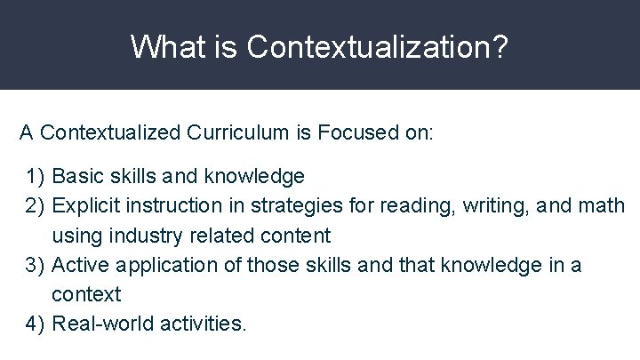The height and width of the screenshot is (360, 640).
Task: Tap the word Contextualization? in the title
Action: (379, 46)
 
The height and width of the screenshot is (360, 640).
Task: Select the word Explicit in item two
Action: (86, 206)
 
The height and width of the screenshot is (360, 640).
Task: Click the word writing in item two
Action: (490, 207)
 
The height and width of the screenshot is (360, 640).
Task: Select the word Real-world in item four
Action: (103, 324)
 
